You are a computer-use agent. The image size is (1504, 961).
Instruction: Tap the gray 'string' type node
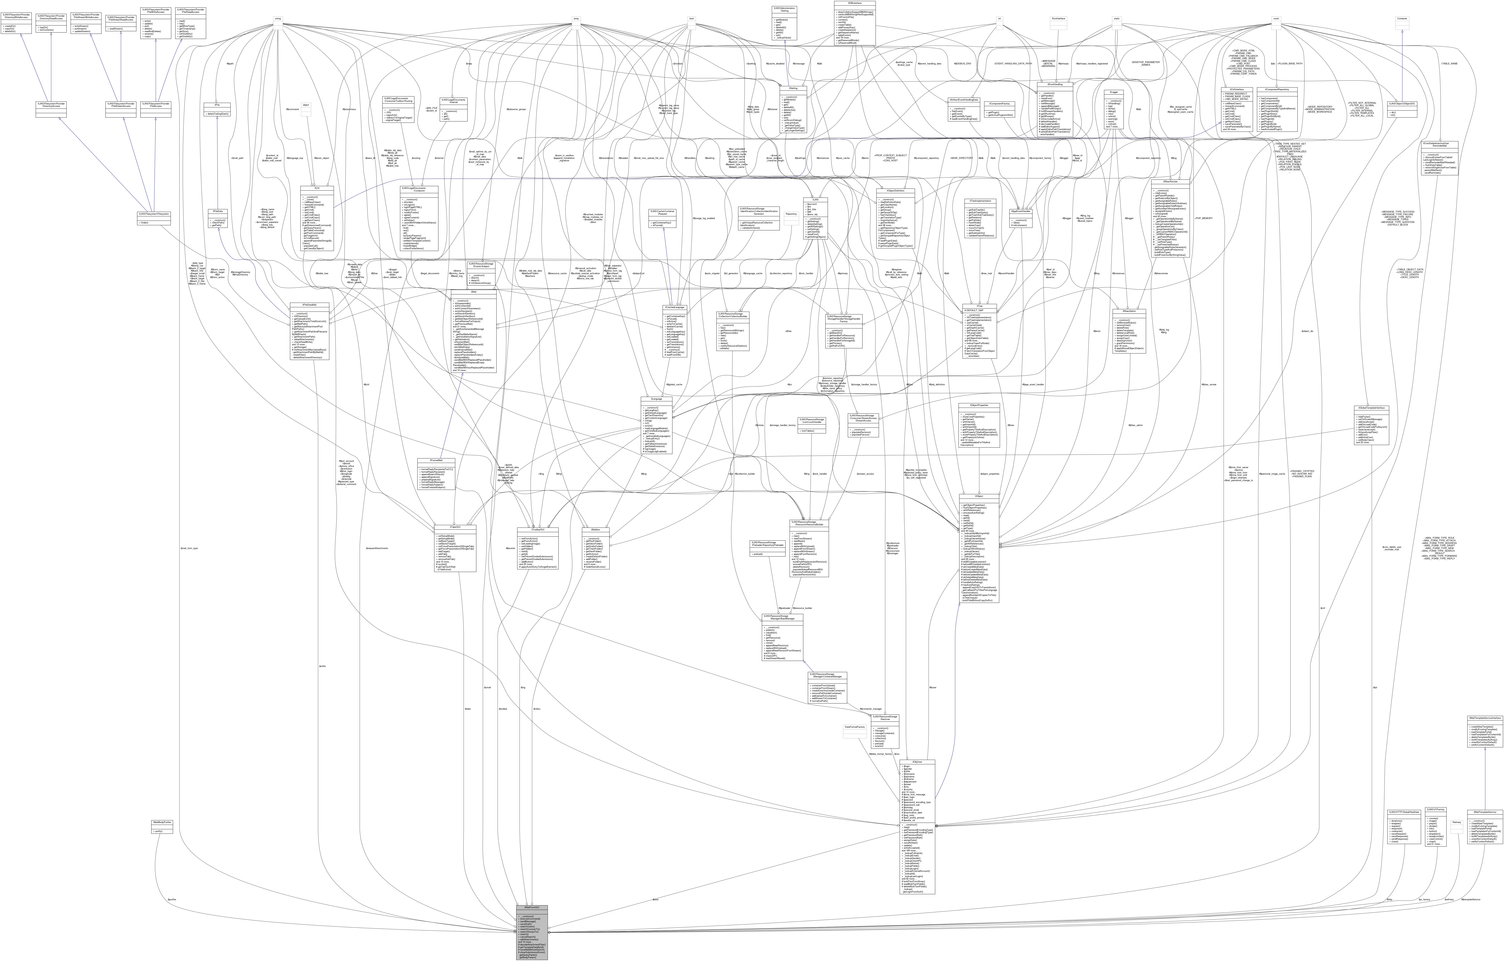(x=278, y=18)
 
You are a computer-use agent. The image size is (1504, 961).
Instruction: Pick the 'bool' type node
(x=691, y=18)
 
